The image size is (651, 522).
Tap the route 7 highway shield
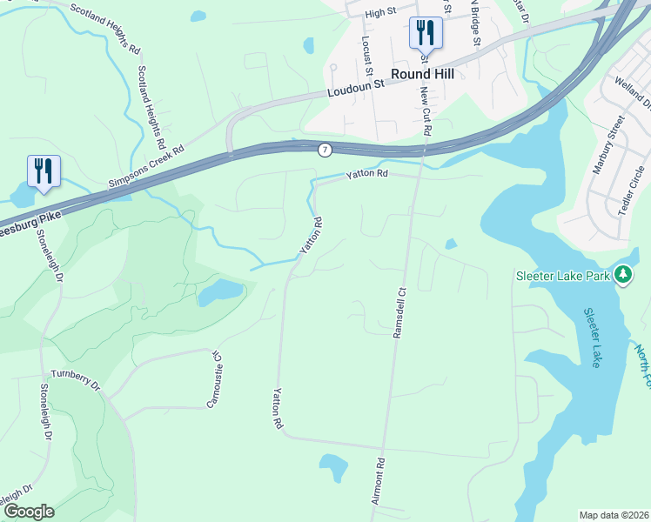pyautogui.click(x=325, y=150)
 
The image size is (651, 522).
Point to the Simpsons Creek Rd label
pyautogui.click(x=147, y=165)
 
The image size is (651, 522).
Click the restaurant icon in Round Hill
pyautogui.click(x=426, y=34)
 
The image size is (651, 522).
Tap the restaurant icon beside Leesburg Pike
pyautogui.click(x=44, y=171)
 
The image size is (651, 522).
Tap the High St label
pyautogui.click(x=380, y=13)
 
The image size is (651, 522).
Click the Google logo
pyautogui.click(x=29, y=512)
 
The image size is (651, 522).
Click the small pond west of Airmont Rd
pyautogui.click(x=333, y=467)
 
